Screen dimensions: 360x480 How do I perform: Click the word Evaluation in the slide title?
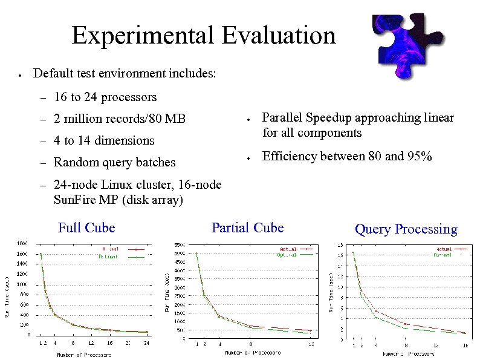278,35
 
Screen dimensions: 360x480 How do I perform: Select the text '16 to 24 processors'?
105,97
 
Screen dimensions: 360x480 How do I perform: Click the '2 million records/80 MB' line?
119,119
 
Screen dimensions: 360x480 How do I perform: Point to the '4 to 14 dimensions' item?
104,140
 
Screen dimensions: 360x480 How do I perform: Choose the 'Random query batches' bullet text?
114,162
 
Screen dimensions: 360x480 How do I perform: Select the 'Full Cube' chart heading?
86,227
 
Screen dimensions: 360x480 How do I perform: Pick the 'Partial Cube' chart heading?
247,227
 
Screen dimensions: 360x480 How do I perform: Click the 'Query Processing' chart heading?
406,229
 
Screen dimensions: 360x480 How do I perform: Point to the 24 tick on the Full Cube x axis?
147,343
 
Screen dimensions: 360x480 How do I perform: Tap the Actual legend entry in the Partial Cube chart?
288,249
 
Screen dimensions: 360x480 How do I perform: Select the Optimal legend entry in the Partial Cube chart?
288,255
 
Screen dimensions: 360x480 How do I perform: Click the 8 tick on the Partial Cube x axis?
250,344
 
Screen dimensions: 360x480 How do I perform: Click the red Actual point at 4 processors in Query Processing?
375,311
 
